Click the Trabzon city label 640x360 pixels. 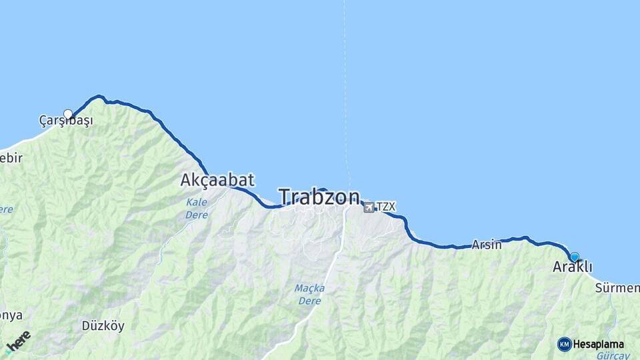point(319,197)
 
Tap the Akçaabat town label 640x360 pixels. point(217,180)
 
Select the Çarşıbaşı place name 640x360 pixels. point(66,121)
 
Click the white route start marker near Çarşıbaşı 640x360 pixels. point(68,114)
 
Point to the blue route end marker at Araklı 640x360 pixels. point(575,257)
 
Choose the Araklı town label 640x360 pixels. point(572,267)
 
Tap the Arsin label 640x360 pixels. point(487,245)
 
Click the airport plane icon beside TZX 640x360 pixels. point(369,207)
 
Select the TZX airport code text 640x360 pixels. point(386,207)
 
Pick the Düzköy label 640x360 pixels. point(103,326)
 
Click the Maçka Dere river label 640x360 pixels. point(309,294)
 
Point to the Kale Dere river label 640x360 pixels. point(197,208)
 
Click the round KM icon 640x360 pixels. point(565,344)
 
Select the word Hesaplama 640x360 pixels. point(599,345)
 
